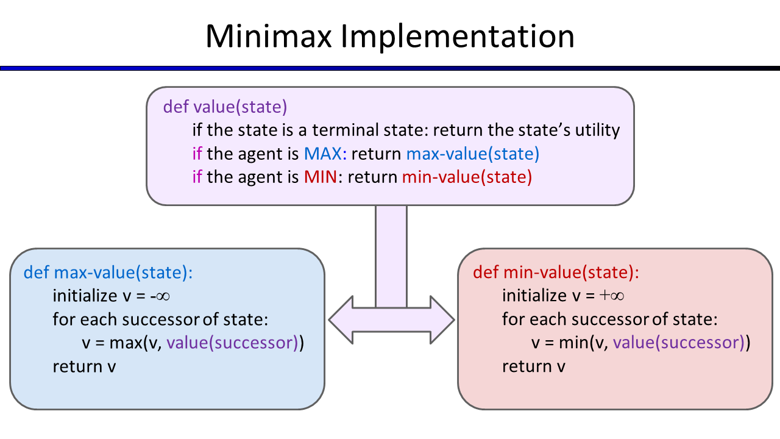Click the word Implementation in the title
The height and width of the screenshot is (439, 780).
[457, 38]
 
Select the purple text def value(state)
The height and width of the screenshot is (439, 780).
[225, 107]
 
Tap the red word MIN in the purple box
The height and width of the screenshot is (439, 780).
[319, 177]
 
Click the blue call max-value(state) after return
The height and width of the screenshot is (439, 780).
[473, 154]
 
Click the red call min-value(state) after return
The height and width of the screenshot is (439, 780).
[467, 177]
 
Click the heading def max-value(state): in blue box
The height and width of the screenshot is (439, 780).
[108, 272]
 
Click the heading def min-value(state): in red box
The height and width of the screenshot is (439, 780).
[556, 272]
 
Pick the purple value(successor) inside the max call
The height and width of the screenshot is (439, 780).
[232, 343]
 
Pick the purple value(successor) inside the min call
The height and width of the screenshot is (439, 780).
[679, 343]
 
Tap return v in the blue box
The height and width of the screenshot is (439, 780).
[84, 366]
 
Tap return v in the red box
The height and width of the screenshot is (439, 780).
[534, 366]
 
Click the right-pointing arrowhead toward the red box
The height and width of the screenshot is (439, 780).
[441, 319]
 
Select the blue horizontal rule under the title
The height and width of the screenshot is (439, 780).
[390, 68]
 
